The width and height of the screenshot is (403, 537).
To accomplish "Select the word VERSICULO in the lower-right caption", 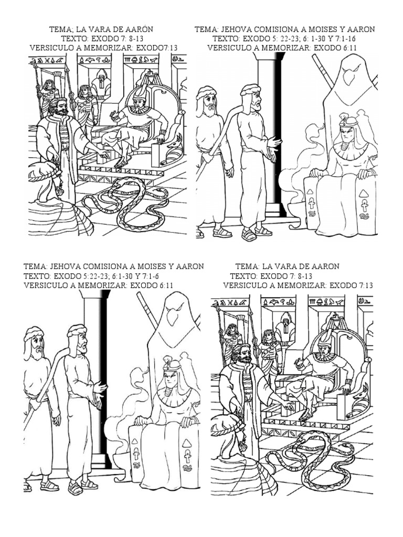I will pyautogui.click(x=246, y=285).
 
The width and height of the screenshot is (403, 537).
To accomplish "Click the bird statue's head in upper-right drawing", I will pyautogui.click(x=347, y=73).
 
